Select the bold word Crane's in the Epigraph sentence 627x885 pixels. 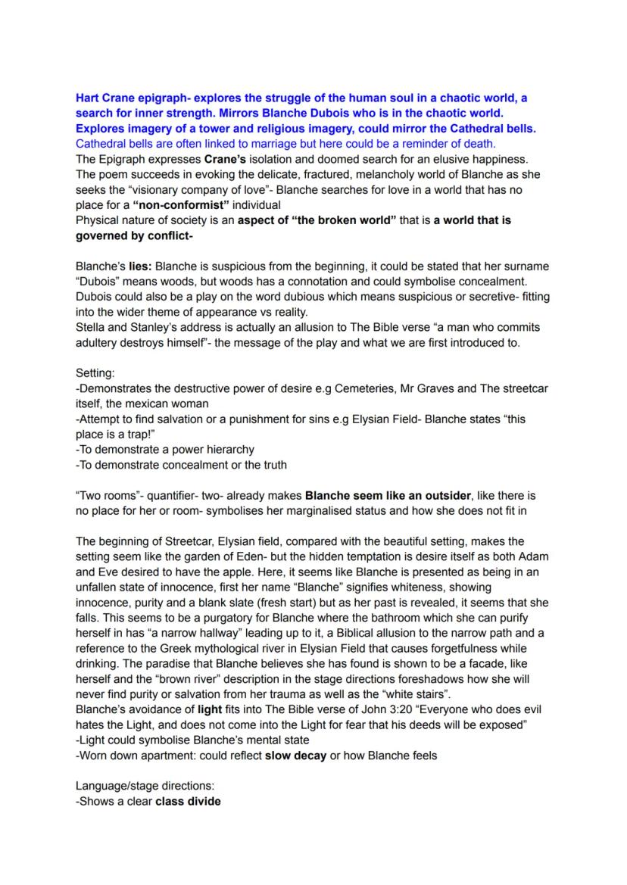228,160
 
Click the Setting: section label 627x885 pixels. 96,373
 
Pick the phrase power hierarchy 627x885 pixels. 212,449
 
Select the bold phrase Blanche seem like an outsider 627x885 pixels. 388,496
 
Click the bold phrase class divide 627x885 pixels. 188,801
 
